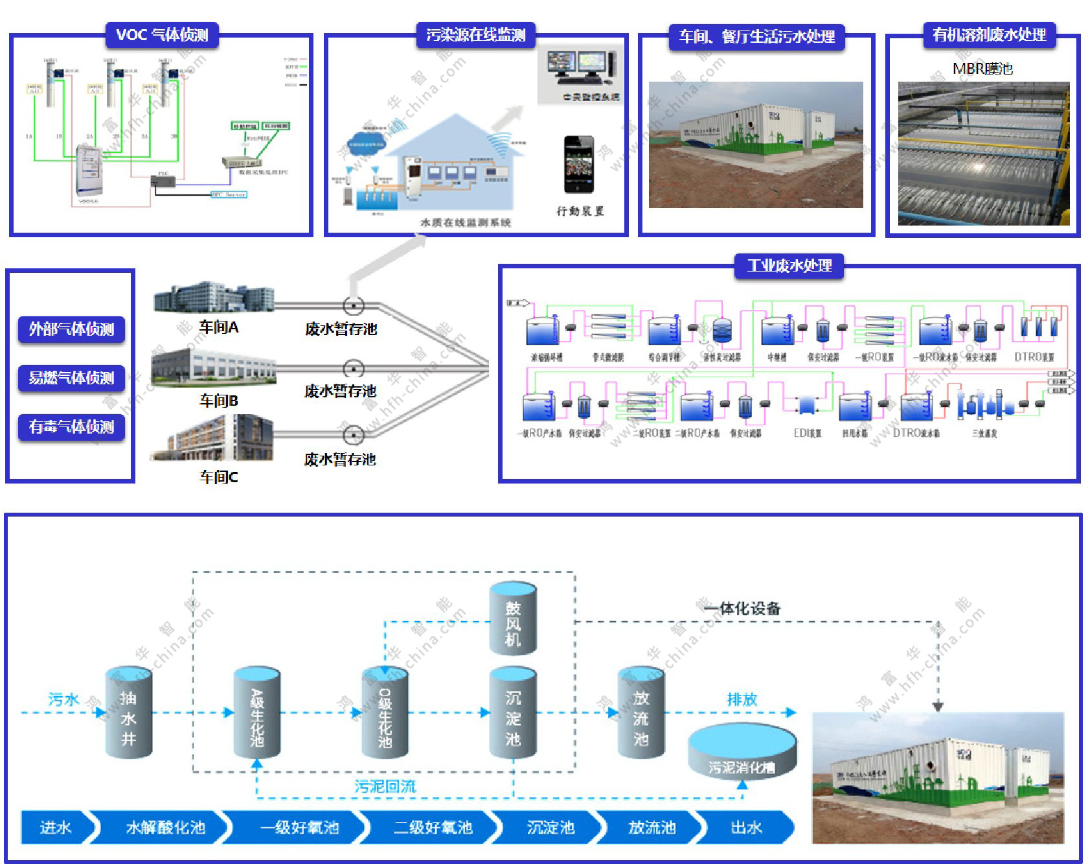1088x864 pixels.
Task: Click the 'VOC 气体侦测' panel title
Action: (162, 35)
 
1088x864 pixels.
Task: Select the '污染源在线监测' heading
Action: (476, 35)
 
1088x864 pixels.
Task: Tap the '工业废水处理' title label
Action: (789, 266)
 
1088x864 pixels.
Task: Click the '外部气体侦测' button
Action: (71, 329)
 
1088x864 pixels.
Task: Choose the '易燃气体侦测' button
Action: (71, 378)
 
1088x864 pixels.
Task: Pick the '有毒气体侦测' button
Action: (71, 426)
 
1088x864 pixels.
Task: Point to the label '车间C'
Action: (219, 477)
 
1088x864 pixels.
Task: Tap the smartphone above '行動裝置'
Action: (578, 165)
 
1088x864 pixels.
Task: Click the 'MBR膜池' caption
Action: (982, 69)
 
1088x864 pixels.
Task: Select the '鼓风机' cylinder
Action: (513, 618)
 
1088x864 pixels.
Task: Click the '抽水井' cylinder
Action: (128, 712)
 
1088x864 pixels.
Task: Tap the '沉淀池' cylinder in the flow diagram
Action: (513, 712)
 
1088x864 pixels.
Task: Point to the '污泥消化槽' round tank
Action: (742, 752)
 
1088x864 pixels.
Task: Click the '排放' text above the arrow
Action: (742, 699)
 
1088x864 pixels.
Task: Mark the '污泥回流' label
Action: (385, 786)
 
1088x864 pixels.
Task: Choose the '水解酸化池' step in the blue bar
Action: (165, 828)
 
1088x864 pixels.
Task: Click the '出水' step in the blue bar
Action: (746, 828)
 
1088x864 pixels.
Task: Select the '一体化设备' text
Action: (742, 609)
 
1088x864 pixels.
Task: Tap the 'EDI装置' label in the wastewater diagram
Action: (808, 433)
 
